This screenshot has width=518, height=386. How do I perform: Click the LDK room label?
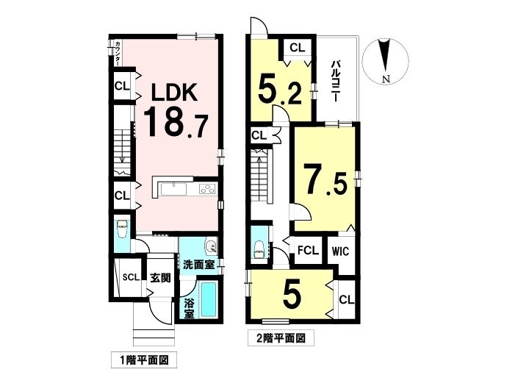coord(174,92)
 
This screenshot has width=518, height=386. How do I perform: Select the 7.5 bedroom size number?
coord(325,181)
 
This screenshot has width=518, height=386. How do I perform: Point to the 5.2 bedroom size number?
coord(279,90)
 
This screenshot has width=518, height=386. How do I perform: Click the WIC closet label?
coord(341,251)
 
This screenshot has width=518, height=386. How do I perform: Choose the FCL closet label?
coord(308,250)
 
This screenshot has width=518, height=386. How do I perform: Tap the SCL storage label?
coord(131,277)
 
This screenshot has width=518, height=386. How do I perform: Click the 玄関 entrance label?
coord(161,278)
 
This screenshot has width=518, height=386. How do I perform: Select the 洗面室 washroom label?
coord(199,265)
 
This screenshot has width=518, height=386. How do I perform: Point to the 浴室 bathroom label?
coord(189,308)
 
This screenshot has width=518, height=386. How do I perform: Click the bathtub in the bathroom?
coord(207,299)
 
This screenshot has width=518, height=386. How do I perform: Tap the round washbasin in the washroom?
coord(210,246)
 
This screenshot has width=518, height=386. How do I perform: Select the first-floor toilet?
coord(121,229)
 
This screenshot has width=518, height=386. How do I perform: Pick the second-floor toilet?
coord(259,249)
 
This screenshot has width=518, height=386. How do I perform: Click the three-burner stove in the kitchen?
coord(207,190)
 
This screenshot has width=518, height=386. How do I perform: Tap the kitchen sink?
coord(173,190)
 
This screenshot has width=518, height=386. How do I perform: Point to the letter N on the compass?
coord(386,79)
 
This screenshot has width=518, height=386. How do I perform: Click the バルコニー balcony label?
coord(337,81)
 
